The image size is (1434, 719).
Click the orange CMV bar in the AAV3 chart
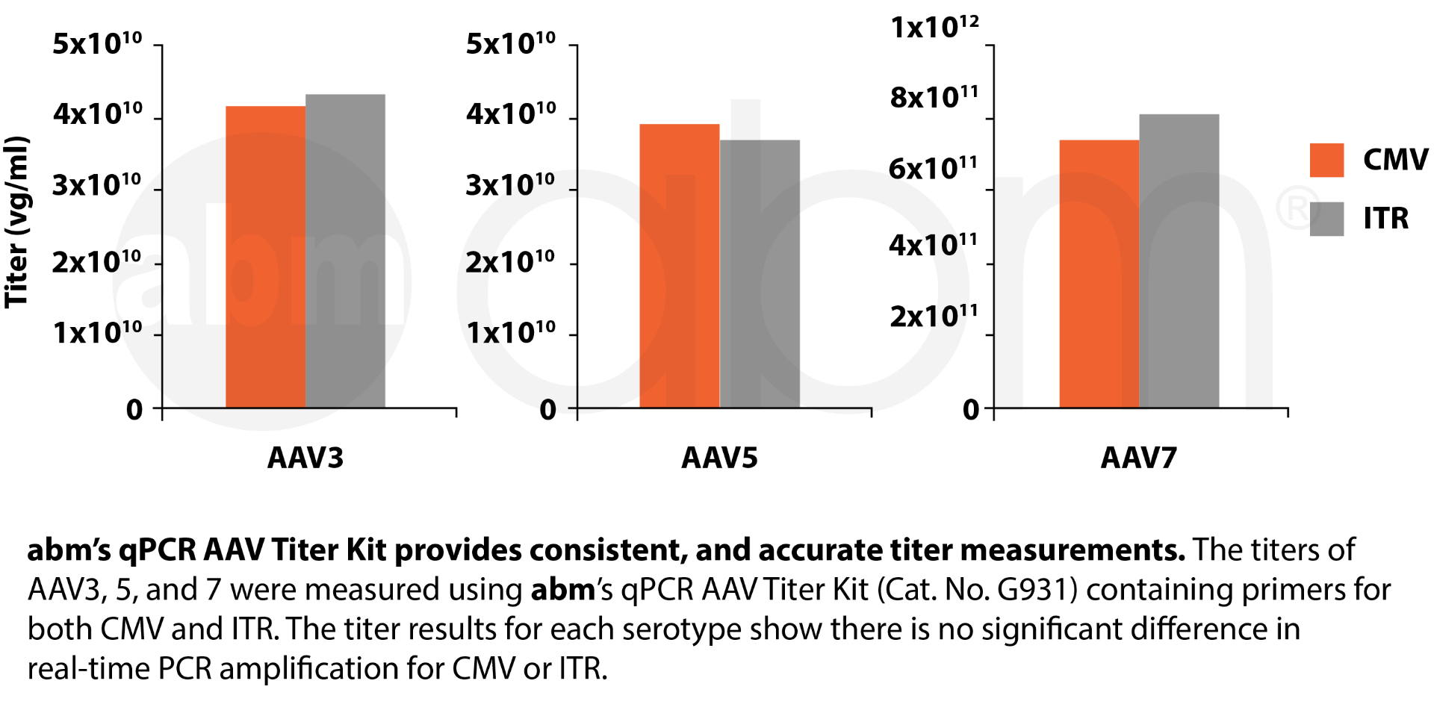[265, 258]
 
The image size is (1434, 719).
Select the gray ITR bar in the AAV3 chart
[346, 252]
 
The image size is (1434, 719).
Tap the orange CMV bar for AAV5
[680, 267]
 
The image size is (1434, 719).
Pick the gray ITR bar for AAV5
[760, 274]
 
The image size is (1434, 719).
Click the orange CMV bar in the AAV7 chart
[1099, 274]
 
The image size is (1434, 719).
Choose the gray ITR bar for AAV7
[1179, 261]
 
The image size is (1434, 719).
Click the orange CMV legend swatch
[1326, 160]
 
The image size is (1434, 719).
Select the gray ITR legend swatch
[1326, 219]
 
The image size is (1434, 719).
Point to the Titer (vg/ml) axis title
[16, 222]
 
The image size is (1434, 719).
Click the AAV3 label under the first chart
[305, 457]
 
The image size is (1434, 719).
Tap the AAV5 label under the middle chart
[719, 457]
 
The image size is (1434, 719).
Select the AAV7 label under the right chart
[1139, 457]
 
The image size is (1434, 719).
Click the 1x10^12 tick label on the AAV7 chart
[934, 28]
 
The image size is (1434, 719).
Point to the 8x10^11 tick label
[934, 97]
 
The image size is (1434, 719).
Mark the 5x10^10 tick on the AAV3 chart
[97, 43]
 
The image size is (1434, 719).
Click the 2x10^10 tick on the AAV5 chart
[510, 262]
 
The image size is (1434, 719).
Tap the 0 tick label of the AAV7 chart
[970, 409]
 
